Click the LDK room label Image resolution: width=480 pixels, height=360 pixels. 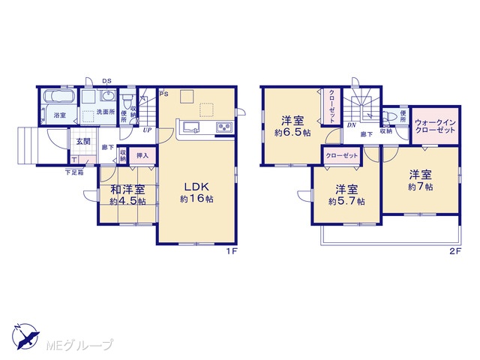pos(196,187)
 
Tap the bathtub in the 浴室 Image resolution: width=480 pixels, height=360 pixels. pos(59,96)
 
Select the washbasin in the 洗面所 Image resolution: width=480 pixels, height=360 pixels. pos(108,95)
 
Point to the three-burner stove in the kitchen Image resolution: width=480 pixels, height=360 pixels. pos(225,127)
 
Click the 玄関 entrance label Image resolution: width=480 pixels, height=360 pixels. pos(83,142)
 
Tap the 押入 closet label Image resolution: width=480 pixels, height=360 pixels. pos(142,155)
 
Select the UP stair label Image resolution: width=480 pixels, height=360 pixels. pos(147,130)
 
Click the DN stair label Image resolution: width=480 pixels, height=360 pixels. pos(351,125)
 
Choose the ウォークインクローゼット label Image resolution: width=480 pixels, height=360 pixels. pos(435,126)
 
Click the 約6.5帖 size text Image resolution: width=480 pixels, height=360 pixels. pos(292,133)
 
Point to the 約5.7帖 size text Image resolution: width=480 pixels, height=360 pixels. pos(346,202)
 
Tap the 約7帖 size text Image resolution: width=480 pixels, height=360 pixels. pos(420,187)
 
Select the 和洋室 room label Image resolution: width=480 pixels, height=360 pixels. pos(127,190)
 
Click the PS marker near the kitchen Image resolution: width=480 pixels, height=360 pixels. pos(163,94)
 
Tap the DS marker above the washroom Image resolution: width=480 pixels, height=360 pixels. pos(106,81)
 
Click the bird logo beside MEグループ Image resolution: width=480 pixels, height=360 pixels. pos(26,336)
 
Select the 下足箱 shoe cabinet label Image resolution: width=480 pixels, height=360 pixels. pos(74,172)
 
